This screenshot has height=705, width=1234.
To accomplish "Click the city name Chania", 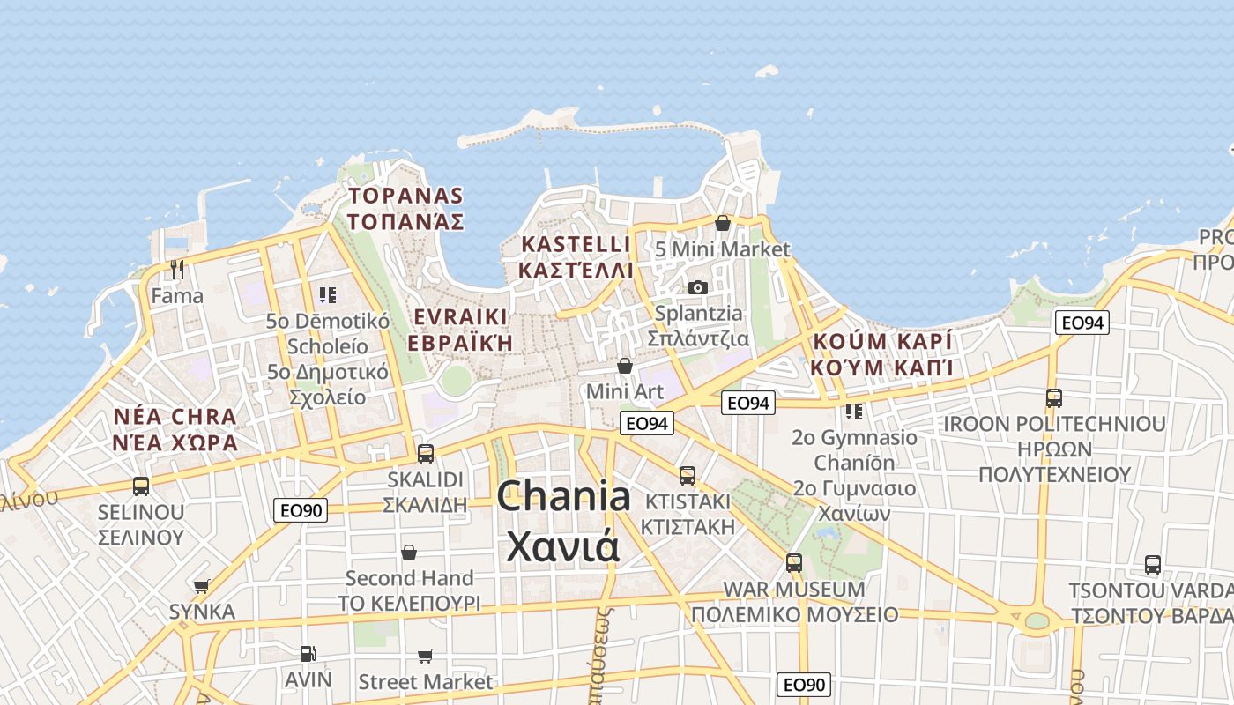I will coord(563,498).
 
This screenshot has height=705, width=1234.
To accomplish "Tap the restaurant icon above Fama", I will coord(177,269).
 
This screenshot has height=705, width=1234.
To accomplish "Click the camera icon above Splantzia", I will coord(697,287).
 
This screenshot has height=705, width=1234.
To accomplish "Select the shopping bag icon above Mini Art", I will coord(625,365).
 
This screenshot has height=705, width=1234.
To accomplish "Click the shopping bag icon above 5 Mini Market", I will coord(723,223).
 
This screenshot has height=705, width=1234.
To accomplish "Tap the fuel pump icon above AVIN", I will coord(308,653).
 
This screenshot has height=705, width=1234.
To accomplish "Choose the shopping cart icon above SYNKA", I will coord(202,586).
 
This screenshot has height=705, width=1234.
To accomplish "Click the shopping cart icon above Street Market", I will coord(426,656).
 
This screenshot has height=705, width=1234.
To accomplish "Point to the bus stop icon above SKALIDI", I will coord(426,454).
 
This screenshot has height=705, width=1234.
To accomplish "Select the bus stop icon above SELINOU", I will coord(141,486).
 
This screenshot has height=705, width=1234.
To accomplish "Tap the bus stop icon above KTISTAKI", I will coord(688,476).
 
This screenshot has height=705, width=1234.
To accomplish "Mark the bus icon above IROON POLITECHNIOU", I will coord(1054,398).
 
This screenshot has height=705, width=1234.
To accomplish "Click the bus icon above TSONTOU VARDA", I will coord(1152,565).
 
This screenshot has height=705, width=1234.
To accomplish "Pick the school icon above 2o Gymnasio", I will coord(853,411).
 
